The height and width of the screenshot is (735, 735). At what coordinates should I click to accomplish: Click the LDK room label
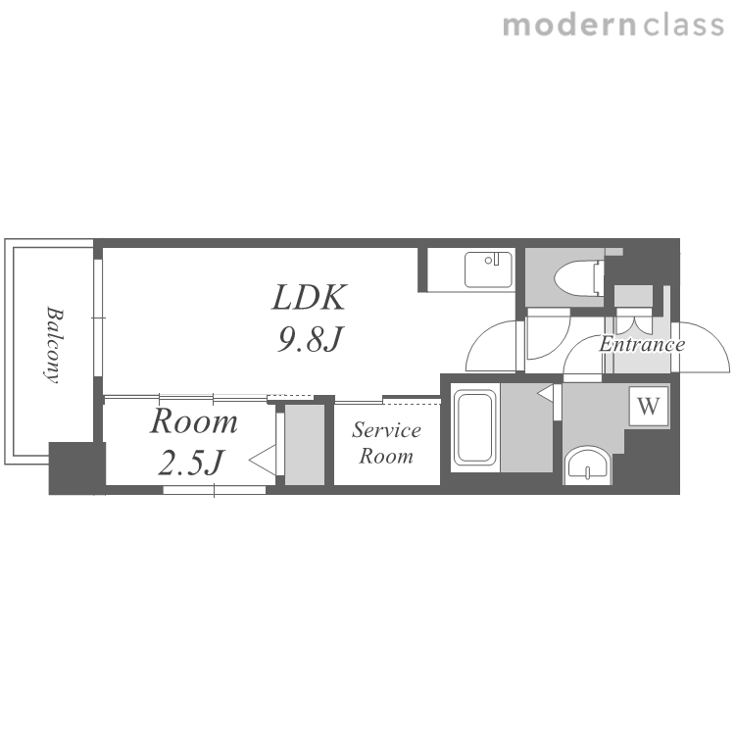coord(309,297)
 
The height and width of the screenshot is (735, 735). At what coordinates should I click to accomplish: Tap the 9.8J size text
coord(311,339)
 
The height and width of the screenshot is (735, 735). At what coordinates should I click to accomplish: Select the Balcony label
coord(54,346)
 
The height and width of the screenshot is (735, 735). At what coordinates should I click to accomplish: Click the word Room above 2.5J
coord(194,421)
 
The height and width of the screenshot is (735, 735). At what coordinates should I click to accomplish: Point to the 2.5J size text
coord(191,463)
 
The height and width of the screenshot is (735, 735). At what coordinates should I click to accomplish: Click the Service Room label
coord(386,443)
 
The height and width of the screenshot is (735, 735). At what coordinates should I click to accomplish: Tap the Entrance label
coord(642,345)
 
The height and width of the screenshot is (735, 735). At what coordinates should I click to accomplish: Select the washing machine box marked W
coord(649,406)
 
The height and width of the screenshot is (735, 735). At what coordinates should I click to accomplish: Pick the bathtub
coord(475,427)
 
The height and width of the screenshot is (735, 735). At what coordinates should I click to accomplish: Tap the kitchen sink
coord(488,269)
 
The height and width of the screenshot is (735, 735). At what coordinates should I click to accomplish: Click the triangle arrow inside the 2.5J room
coord(262,461)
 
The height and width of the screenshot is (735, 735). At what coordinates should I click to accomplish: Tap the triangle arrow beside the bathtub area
coord(545,393)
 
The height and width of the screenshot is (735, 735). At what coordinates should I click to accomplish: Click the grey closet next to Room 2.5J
coord(305,445)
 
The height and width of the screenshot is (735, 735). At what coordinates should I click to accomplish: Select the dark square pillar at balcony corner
coord(76,467)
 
